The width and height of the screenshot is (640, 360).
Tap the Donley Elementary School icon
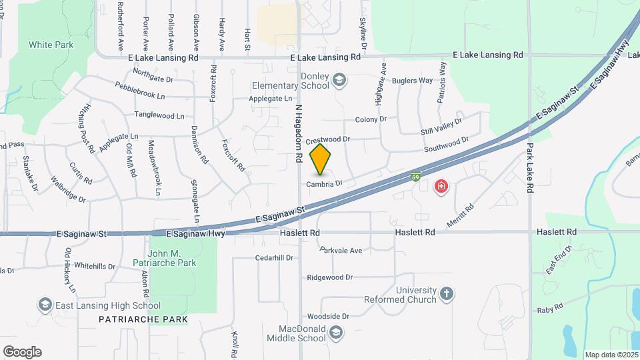pos(339,81)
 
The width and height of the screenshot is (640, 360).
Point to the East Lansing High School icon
pos(45,305)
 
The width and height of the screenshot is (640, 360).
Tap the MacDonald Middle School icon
pos(337,332)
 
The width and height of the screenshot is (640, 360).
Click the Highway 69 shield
pos(415,177)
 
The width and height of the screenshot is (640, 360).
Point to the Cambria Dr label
pos(325,183)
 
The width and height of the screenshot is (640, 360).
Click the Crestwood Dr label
pos(327,140)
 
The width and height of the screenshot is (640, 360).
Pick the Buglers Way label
pos(416,81)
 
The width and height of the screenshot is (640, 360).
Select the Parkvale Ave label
pos(340,251)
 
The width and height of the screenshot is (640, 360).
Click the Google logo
pos(22,351)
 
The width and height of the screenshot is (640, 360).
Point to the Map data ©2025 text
pos(611,355)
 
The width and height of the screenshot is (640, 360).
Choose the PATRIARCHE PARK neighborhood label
pos(143,319)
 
